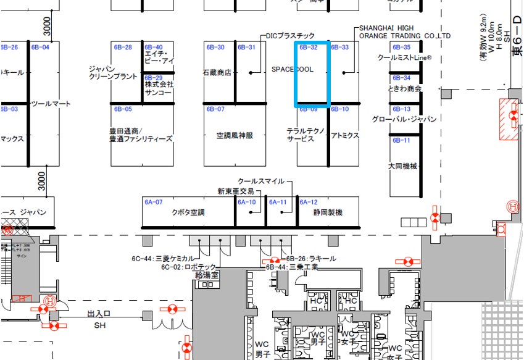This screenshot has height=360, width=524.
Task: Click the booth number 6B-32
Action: click(x=309, y=48)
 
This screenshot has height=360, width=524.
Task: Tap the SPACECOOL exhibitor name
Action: click(x=293, y=70)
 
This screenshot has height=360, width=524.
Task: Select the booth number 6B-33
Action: click(x=340, y=48)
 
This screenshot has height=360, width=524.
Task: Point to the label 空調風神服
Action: click(x=235, y=136)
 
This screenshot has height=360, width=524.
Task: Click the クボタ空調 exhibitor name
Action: click(x=188, y=212)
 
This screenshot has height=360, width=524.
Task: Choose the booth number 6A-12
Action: click(x=309, y=202)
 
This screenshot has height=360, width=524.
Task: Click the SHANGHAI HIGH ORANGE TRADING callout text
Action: click(x=405, y=32)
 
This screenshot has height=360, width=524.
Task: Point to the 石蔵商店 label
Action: click(x=217, y=72)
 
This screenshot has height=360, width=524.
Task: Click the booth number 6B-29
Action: click(x=154, y=78)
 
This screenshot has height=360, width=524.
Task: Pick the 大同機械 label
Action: click(x=403, y=166)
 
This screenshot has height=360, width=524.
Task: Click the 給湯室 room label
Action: click(x=207, y=274)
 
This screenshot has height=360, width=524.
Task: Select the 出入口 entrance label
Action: click(x=99, y=314)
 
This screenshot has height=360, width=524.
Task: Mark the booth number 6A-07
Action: click(x=154, y=202)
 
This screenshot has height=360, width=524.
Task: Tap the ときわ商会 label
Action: click(x=405, y=89)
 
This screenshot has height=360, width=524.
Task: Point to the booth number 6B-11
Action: click(x=401, y=140)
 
